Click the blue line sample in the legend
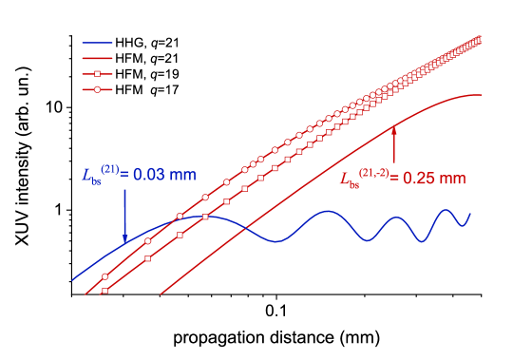[97, 43]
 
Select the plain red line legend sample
[97, 58]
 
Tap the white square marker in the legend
[97, 74]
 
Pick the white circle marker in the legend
[97, 89]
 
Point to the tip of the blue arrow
[124, 243]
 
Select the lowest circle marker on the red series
[105, 276]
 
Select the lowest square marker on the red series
[104, 291]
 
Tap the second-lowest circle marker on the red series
[148, 242]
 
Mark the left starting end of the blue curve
[73, 280]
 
